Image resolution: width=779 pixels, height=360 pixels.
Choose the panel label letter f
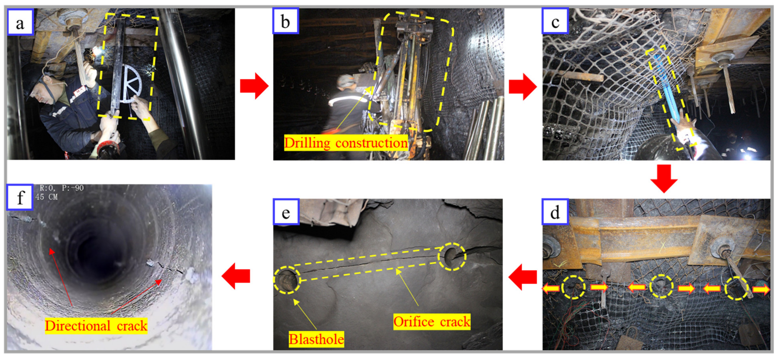20,198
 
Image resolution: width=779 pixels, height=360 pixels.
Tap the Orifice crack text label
432,321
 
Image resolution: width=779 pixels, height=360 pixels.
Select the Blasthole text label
316,339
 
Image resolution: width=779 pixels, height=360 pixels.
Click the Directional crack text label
96,326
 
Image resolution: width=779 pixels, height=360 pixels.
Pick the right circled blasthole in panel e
452,256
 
